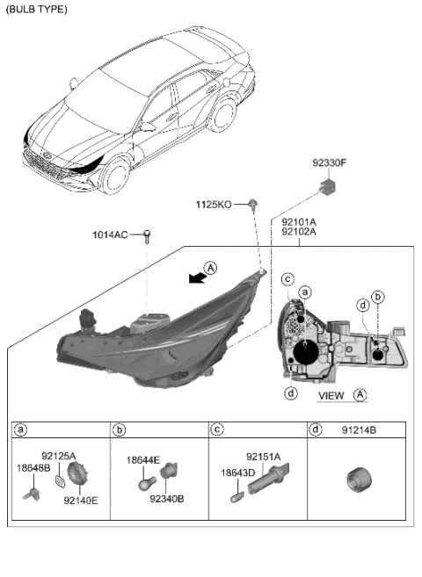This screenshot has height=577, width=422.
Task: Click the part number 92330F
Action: click(x=330, y=162)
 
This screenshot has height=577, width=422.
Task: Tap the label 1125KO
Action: click(x=214, y=204)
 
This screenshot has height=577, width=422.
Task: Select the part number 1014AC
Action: click(x=111, y=234)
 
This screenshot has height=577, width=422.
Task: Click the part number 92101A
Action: click(x=299, y=222)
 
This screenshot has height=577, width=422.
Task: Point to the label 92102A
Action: click(x=299, y=233)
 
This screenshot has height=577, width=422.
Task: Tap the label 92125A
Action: click(x=59, y=457)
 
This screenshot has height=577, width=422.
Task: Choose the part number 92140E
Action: click(x=81, y=501)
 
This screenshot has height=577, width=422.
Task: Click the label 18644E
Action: click(x=142, y=459)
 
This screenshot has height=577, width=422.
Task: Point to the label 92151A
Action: click(x=263, y=457)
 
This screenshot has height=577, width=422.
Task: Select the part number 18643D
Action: click(x=237, y=472)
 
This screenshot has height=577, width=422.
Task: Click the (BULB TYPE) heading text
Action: click(x=36, y=9)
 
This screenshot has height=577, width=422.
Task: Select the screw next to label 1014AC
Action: click(x=147, y=234)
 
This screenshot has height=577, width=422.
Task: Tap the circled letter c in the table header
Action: click(x=217, y=430)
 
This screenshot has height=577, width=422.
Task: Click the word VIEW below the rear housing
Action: click(x=331, y=395)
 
